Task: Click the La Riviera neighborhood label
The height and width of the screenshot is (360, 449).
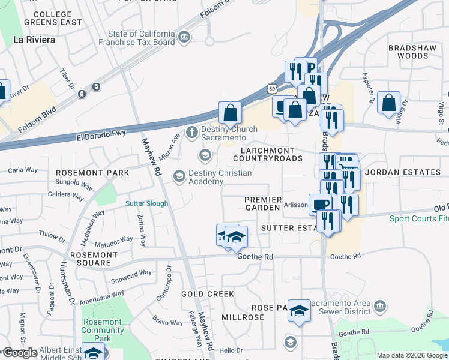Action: (34, 40)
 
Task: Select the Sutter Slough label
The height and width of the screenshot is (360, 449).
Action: (146, 203)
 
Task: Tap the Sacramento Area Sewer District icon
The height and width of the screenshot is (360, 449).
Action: (379, 307)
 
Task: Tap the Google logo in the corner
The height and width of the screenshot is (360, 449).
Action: (20, 353)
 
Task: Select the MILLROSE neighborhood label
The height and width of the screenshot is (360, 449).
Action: (243, 316)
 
